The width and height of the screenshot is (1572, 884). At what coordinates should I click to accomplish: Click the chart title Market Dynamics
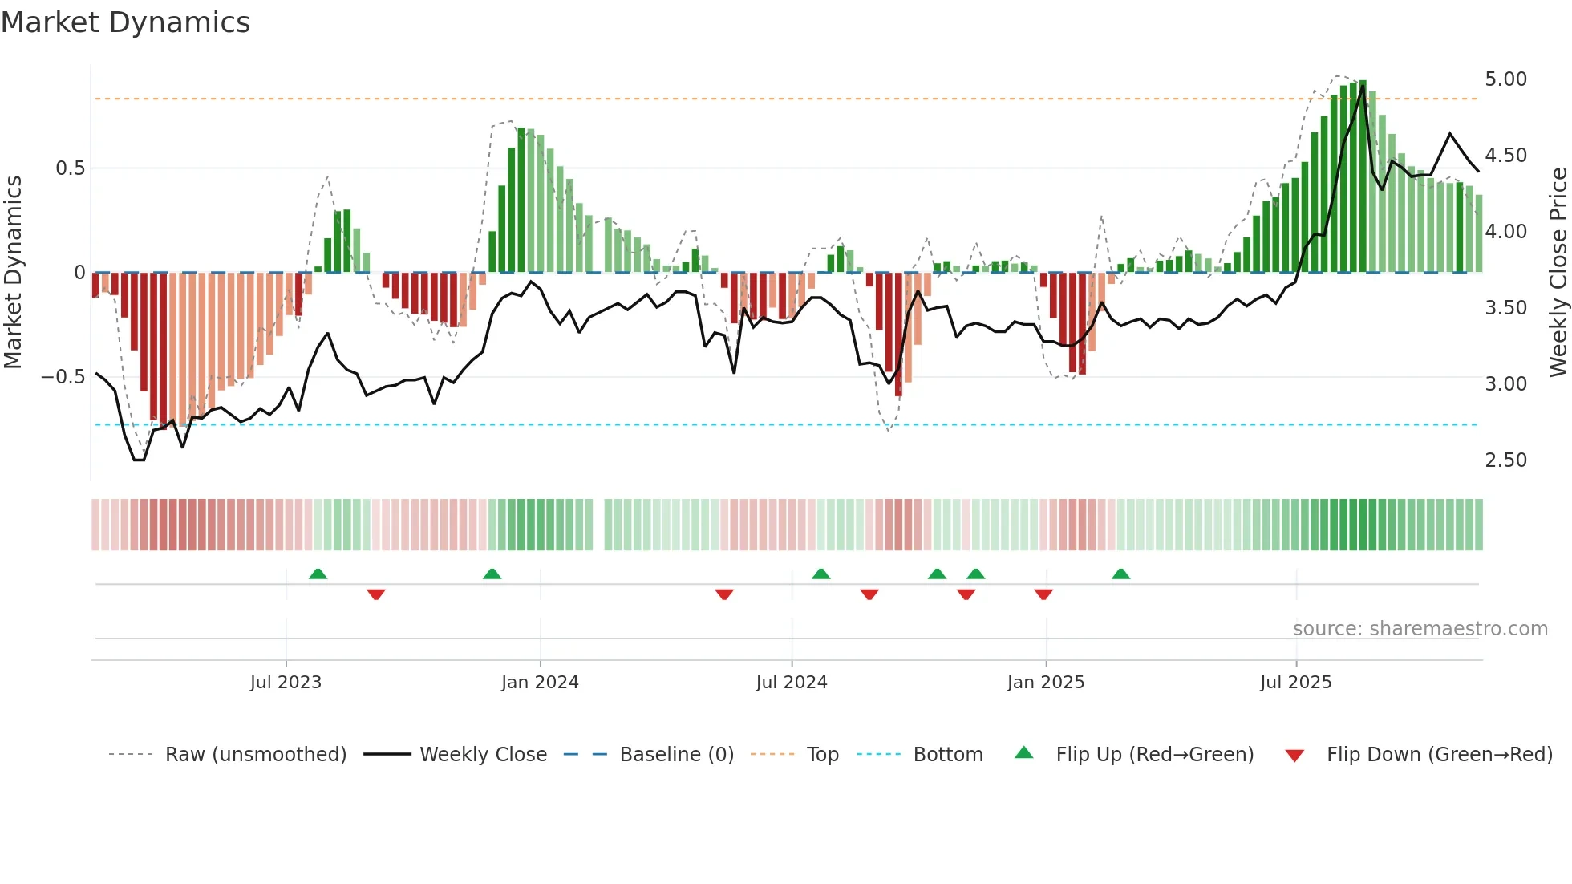tap(125, 22)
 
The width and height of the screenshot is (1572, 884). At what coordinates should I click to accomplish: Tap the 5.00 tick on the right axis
tap(1505, 79)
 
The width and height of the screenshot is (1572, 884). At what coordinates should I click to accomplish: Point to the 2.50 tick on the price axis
tap(1505, 460)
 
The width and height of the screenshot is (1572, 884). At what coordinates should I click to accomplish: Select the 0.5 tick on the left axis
tap(70, 168)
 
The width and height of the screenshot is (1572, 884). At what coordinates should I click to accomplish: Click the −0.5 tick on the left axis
tap(63, 377)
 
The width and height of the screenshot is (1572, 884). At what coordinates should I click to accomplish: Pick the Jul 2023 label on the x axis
tap(286, 683)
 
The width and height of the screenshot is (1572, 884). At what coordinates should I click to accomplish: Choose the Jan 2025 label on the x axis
tap(1045, 683)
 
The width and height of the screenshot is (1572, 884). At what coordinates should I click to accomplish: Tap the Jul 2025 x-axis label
tap(1295, 683)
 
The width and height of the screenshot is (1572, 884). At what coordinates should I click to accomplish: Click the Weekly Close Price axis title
tap(1558, 273)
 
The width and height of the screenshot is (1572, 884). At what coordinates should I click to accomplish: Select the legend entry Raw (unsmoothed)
tap(255, 755)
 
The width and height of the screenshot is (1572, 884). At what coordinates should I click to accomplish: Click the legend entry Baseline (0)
tap(676, 755)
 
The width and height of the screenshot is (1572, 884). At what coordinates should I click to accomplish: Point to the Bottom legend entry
tap(947, 755)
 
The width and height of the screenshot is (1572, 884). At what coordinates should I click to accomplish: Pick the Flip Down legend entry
tap(1439, 755)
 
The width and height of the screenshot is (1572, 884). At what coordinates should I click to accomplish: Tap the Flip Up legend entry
tap(1154, 755)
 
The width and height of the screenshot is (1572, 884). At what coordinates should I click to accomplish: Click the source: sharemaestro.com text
tap(1420, 629)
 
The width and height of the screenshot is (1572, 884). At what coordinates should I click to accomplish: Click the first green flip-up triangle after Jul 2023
tap(318, 574)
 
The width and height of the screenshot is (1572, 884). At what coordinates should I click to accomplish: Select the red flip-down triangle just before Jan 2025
tap(1043, 594)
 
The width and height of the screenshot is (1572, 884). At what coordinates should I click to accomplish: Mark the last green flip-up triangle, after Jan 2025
tap(1120, 574)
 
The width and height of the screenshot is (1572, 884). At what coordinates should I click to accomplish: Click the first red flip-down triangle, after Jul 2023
tap(375, 594)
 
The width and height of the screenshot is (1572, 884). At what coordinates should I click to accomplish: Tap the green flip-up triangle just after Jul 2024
tap(820, 574)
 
